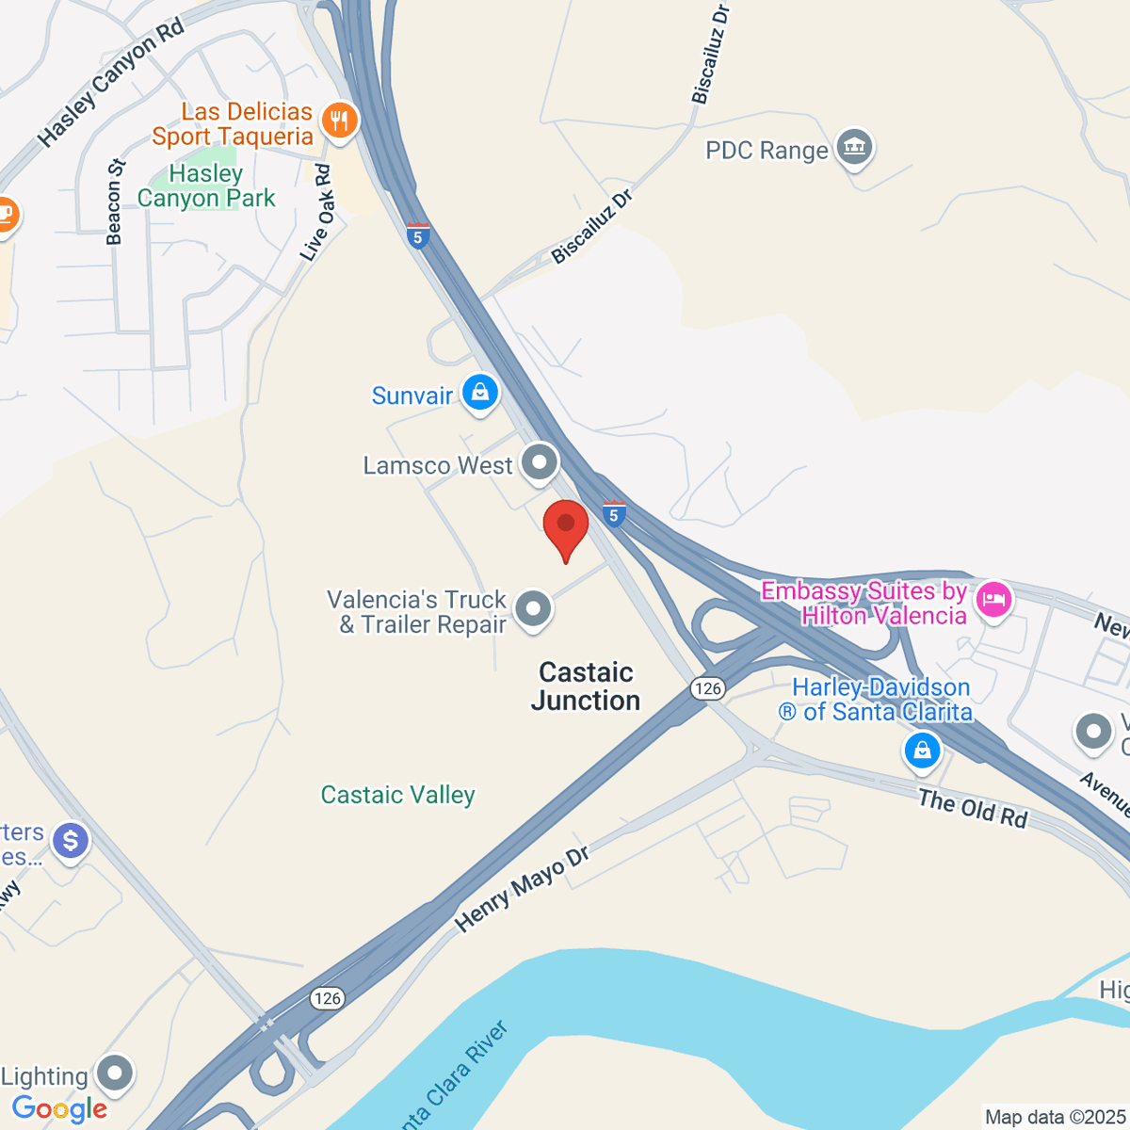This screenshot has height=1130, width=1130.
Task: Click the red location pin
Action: point(566,527)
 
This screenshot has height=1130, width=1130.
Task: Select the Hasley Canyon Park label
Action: point(206,186)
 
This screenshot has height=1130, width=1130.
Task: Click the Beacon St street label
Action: point(116,202)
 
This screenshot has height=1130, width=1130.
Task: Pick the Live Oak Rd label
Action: point(317,213)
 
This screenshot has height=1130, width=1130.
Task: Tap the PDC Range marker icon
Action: point(855,148)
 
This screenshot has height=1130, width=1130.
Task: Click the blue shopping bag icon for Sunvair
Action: point(480,393)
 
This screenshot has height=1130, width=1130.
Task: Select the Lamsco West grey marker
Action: point(540,463)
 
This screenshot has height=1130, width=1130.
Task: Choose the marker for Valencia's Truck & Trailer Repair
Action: point(534,609)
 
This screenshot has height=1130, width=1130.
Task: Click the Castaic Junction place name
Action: point(586,686)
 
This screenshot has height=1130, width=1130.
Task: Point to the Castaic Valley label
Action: point(397,795)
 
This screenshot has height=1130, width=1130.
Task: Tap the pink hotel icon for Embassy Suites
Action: point(993,599)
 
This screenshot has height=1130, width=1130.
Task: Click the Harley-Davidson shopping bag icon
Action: point(922,751)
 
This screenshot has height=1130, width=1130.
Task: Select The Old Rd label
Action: point(973,809)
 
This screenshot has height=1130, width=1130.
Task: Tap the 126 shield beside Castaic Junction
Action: point(707,688)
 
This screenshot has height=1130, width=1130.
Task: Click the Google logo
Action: point(60,1108)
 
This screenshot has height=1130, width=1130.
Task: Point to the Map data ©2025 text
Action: point(1055,1117)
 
